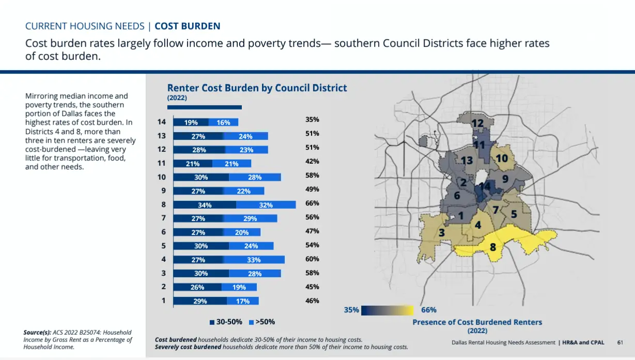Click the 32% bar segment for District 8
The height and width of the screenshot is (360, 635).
tap(266, 205)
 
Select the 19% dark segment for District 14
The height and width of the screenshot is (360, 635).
tap(191, 122)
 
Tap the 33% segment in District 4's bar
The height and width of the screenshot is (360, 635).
tap(254, 260)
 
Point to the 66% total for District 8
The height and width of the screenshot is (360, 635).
tap(312, 204)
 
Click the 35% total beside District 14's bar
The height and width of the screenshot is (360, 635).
tap(312, 120)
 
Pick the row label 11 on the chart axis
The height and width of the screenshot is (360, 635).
tap(161, 163)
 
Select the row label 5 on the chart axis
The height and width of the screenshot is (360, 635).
tap(164, 246)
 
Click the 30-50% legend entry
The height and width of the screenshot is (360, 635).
tap(226, 322)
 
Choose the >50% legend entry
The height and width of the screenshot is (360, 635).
tap(262, 322)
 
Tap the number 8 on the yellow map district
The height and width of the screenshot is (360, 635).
tap(493, 247)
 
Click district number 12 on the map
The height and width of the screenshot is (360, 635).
tap(477, 123)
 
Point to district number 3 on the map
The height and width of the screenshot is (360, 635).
tap(442, 233)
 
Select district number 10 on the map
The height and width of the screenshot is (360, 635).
tap(502, 158)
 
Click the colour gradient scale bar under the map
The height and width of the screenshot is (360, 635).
tap(387, 310)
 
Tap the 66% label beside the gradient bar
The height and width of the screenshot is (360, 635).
tap(429, 310)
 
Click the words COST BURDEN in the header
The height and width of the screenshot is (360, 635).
tap(188, 26)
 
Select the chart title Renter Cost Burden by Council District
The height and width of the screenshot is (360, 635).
tap(257, 88)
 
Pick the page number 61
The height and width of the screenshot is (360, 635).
tap(620, 342)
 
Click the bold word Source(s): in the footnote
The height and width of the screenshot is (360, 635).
tap(37, 332)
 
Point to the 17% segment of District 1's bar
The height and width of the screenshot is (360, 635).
tap(243, 301)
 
